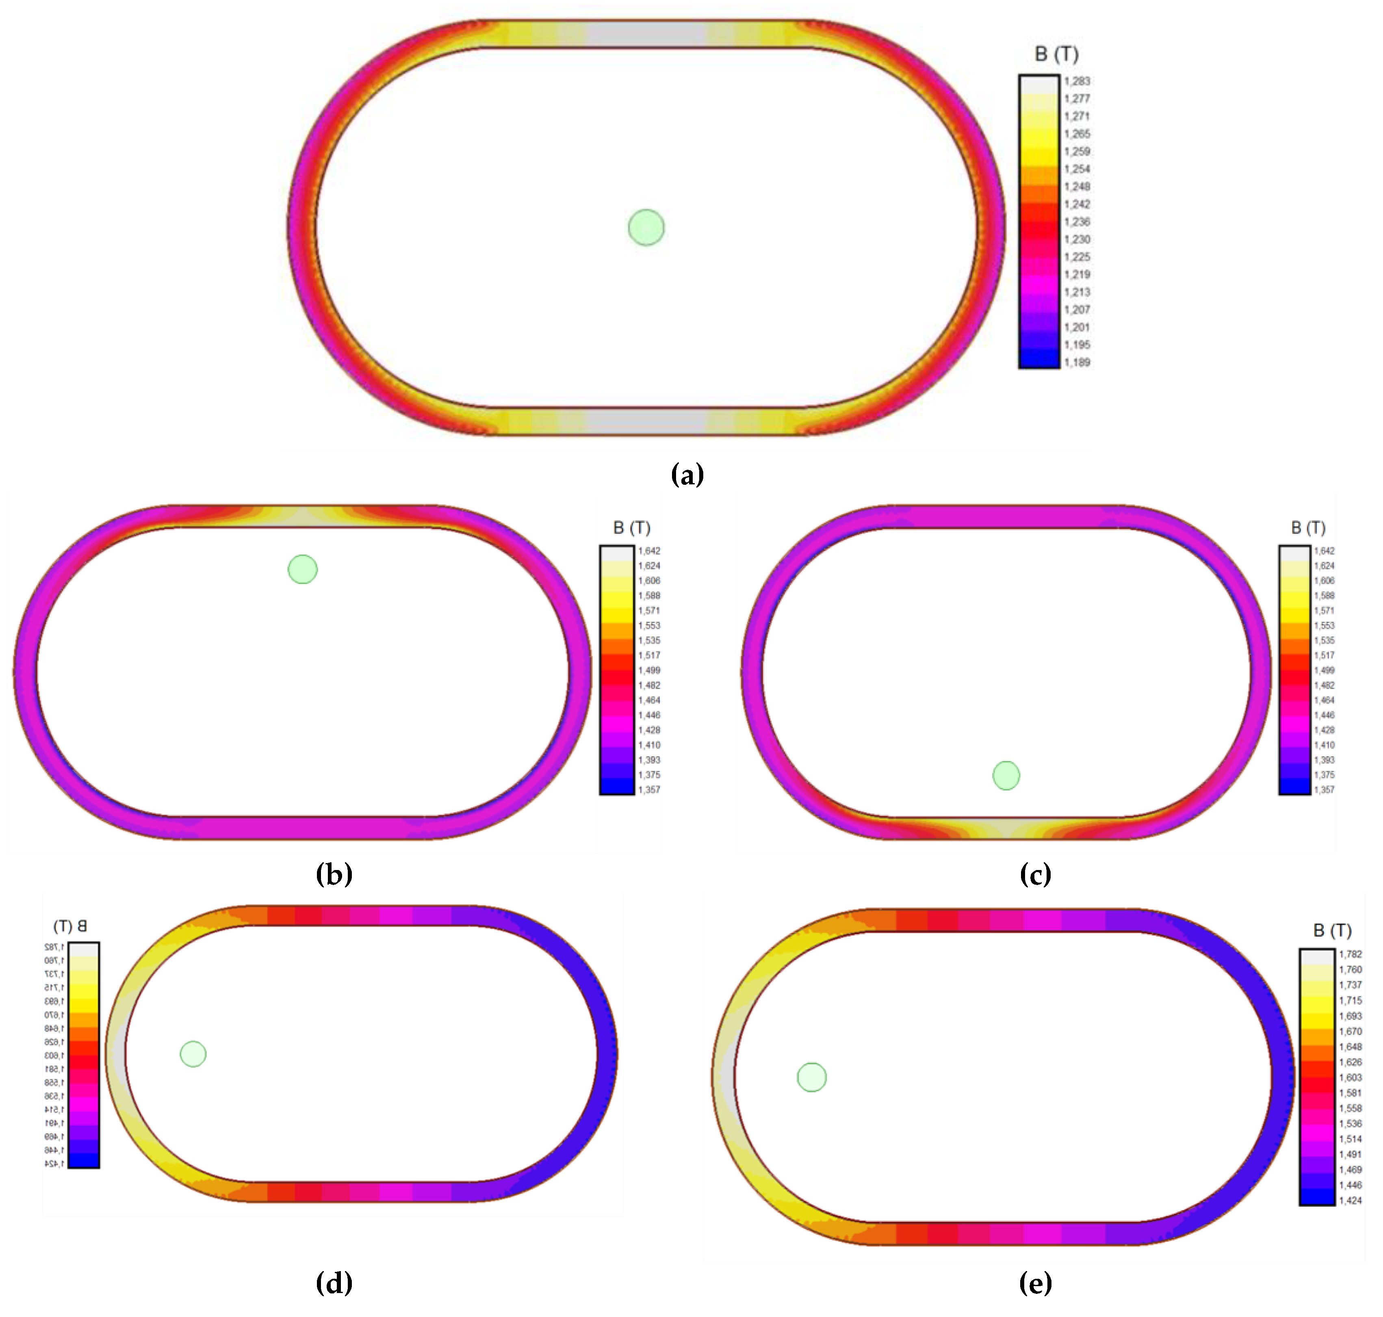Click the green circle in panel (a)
(646, 228)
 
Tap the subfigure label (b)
(334, 874)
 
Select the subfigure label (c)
(1035, 874)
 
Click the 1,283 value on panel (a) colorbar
(1077, 81)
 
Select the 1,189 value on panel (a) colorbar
(1077, 362)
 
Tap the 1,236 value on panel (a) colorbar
(1077, 222)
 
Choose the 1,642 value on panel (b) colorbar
(649, 551)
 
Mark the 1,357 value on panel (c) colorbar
(1324, 790)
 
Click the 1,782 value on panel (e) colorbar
(1350, 954)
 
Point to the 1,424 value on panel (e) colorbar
(1350, 1200)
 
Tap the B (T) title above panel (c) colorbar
(1308, 527)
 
